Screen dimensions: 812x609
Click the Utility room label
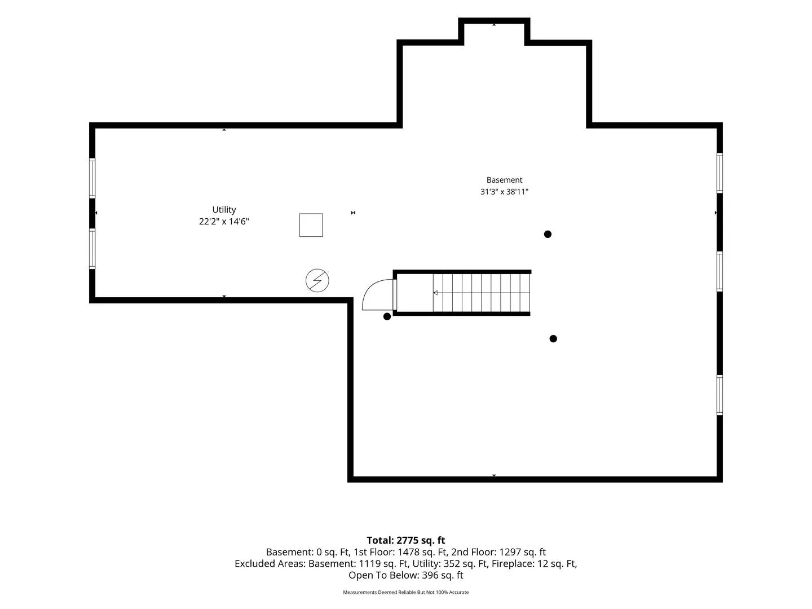(224, 210)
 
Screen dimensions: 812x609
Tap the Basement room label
(504, 180)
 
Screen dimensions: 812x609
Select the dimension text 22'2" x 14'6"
(224, 222)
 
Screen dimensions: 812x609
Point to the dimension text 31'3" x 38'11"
(504, 192)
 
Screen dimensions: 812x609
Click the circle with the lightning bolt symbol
(317, 280)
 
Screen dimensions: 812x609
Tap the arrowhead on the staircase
(435, 293)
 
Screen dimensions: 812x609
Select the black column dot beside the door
(387, 316)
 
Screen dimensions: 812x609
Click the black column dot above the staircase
(548, 234)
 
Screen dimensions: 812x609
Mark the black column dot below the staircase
(553, 339)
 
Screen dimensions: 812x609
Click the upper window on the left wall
(92, 178)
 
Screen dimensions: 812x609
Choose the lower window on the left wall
(92, 249)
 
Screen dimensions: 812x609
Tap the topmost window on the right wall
(720, 173)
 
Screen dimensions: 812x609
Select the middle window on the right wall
(720, 272)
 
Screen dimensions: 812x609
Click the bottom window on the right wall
(720, 395)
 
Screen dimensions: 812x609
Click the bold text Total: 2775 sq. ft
(406, 540)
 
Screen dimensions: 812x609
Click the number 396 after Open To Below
(429, 575)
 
